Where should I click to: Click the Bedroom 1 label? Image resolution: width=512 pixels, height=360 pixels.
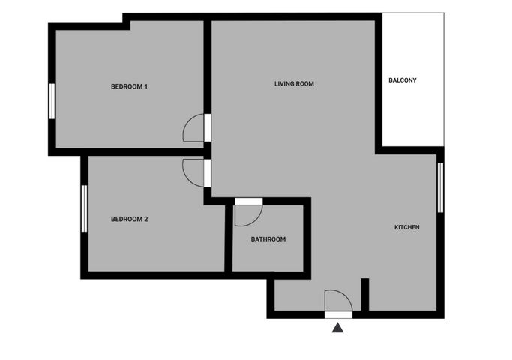tap(129, 86)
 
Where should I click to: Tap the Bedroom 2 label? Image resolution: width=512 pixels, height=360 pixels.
tap(129, 219)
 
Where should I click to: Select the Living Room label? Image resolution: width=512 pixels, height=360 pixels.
tap(294, 84)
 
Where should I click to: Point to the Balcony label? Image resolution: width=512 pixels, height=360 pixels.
tap(403, 80)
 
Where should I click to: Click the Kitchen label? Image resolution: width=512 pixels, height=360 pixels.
tap(407, 227)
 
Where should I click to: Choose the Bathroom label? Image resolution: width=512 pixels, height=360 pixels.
tap(268, 239)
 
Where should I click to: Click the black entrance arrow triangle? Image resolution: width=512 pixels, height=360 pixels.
tap(337, 328)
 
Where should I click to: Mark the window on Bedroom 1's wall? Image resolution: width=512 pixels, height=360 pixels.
tap(52, 101)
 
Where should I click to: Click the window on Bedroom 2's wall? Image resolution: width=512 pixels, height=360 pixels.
tap(84, 208)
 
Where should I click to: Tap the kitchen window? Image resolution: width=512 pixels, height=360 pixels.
tap(440, 187)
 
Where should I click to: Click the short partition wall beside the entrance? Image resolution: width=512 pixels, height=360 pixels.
tap(365, 295)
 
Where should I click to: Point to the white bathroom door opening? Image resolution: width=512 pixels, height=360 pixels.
tap(249, 202)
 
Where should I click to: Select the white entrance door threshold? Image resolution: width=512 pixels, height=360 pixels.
tap(338, 315)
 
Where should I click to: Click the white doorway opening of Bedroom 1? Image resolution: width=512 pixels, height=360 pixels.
tap(208, 128)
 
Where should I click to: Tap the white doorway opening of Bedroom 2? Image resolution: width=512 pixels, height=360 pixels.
tap(208, 173)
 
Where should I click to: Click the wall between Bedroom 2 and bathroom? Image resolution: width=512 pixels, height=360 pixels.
tap(229, 238)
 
